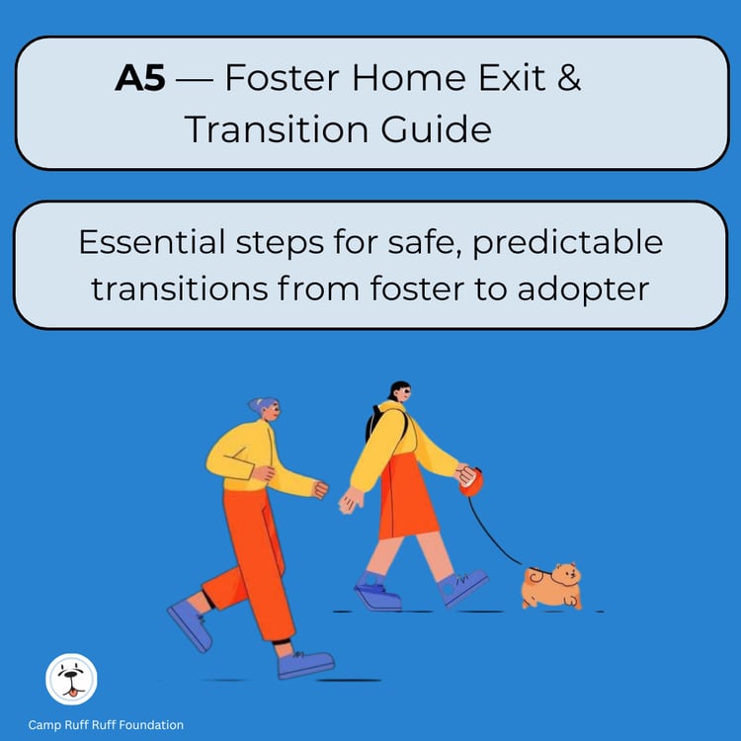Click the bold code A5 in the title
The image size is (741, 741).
(140, 80)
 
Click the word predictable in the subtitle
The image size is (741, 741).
(573, 241)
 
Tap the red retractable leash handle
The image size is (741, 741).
(471, 483)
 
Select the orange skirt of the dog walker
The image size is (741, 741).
(407, 499)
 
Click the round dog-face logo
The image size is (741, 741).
(71, 680)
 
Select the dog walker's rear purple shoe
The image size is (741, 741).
(376, 596)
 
